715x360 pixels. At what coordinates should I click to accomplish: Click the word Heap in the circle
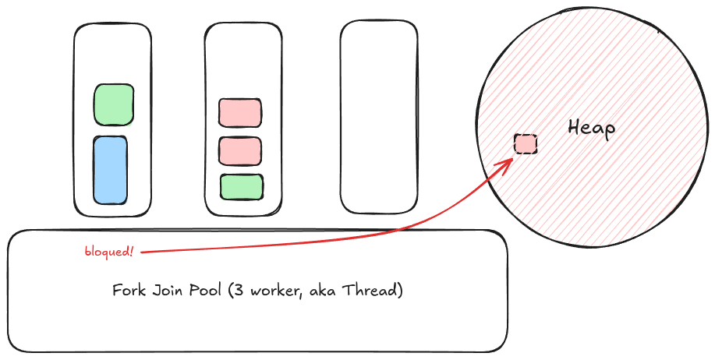point(591,127)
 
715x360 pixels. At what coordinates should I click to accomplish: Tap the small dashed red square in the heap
point(526,143)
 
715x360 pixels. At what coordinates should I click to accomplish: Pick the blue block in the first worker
point(110,170)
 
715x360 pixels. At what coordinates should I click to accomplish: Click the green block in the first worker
point(114,104)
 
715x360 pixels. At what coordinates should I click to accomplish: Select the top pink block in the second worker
point(239,113)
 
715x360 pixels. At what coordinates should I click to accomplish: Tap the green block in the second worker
point(241,187)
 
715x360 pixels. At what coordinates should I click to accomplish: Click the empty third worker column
point(379,117)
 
